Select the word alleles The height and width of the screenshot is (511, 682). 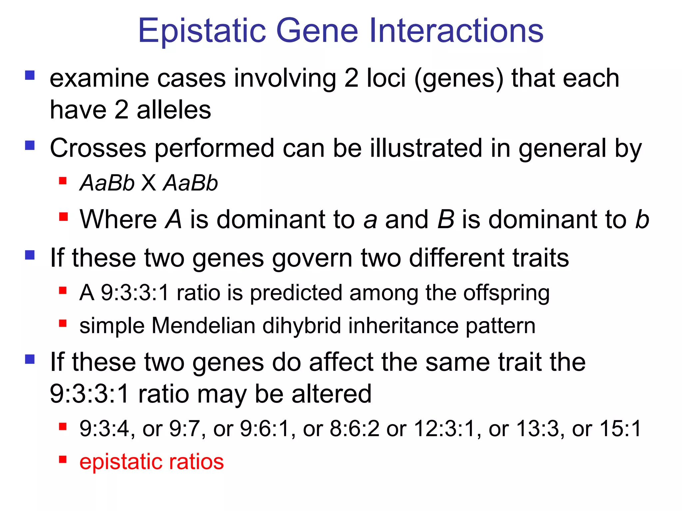pyautogui.click(x=174, y=110)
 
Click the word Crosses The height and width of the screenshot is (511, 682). pyautogui.click(x=98, y=148)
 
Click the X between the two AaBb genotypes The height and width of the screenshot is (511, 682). pyautogui.click(x=149, y=183)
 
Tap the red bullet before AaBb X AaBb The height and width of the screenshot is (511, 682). pyautogui.click(x=63, y=181)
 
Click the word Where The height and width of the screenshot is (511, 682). pyautogui.click(x=118, y=220)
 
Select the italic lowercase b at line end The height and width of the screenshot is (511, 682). pyautogui.click(x=642, y=220)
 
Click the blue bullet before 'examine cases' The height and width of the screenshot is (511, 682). pyautogui.click(x=30, y=75)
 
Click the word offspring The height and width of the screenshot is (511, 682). pyautogui.click(x=506, y=293)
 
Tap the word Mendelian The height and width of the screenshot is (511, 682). pyautogui.click(x=203, y=325)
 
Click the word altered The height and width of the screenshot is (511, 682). pyautogui.click(x=331, y=394)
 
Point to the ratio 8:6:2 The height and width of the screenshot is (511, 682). pyautogui.click(x=354, y=428)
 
